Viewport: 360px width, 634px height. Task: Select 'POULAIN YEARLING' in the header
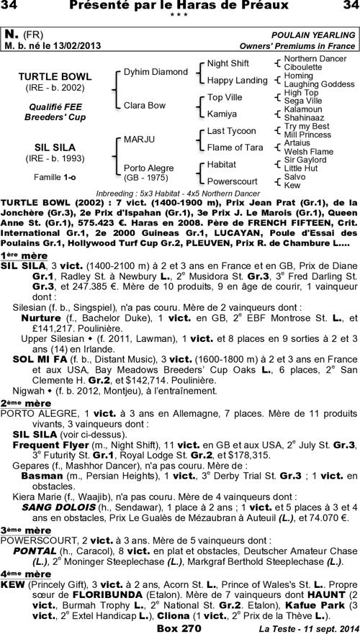pyautogui.click(x=312, y=34)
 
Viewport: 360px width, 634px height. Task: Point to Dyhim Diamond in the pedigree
pyautogui.click(x=156, y=72)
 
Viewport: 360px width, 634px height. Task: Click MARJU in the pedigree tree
pyautogui.click(x=139, y=139)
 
